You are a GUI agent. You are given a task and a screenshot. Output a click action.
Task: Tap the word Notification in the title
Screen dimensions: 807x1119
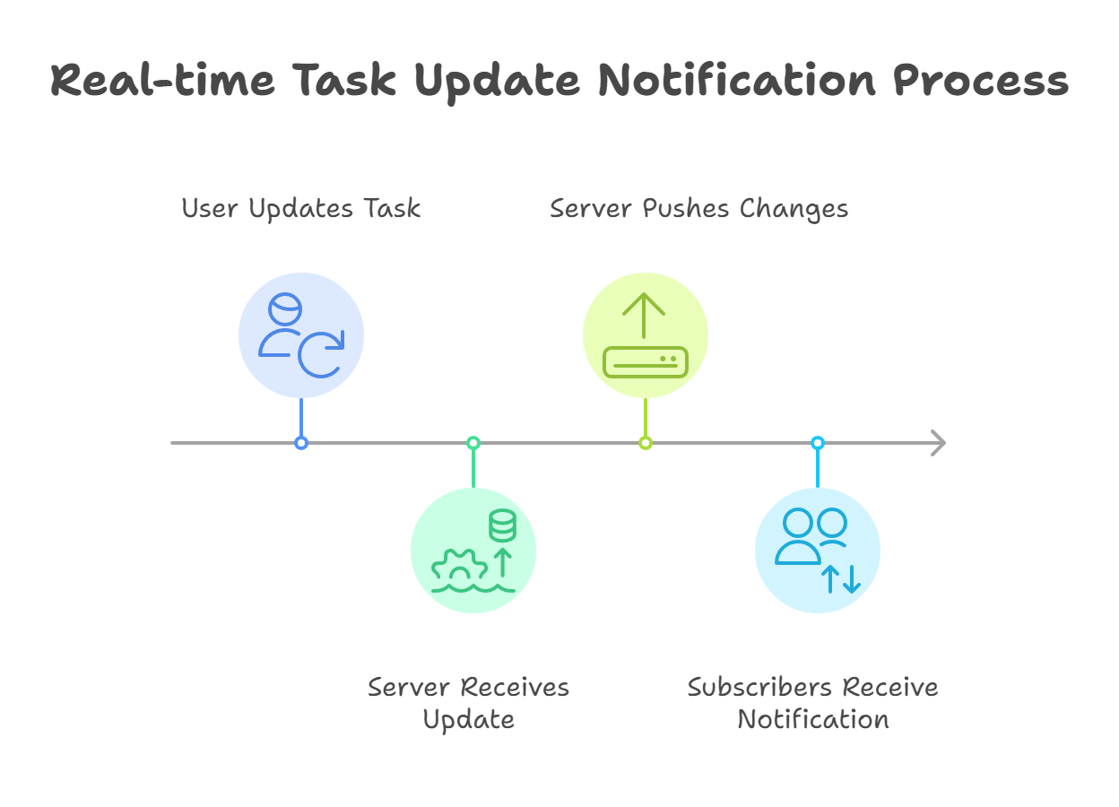(x=736, y=81)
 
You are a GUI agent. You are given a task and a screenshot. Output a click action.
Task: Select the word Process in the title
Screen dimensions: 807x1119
(x=980, y=81)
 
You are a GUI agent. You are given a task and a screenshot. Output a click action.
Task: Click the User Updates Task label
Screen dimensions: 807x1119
(x=301, y=209)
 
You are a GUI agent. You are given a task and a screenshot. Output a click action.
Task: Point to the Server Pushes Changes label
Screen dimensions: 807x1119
(x=698, y=209)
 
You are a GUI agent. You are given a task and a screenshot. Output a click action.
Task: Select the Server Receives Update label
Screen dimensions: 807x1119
(x=468, y=703)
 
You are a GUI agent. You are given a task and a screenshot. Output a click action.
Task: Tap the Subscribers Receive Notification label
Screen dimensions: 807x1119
(x=812, y=703)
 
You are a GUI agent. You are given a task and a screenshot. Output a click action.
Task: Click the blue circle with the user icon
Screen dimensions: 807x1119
(x=301, y=334)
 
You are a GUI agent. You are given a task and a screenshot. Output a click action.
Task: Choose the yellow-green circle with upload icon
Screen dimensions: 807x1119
(x=646, y=334)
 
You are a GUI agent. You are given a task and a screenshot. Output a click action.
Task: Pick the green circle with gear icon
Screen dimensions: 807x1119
(x=473, y=550)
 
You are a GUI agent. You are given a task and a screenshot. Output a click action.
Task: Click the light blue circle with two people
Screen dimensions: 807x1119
(x=818, y=550)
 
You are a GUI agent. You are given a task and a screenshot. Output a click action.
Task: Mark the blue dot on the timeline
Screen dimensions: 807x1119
(x=301, y=443)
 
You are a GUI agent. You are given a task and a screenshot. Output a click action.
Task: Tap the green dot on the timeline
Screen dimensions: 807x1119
(x=473, y=443)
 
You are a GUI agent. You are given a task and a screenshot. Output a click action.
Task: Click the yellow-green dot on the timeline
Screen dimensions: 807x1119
(x=646, y=443)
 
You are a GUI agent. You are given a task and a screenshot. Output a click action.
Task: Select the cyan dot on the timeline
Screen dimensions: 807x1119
(x=818, y=443)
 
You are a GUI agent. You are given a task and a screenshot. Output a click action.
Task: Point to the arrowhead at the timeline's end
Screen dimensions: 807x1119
(x=938, y=443)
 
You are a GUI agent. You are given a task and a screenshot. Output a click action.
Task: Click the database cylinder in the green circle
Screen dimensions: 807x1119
(x=502, y=525)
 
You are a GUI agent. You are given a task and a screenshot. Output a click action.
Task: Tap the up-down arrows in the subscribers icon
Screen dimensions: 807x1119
(x=841, y=579)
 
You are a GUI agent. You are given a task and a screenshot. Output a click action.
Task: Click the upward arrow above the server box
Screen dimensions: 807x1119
(x=645, y=314)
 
